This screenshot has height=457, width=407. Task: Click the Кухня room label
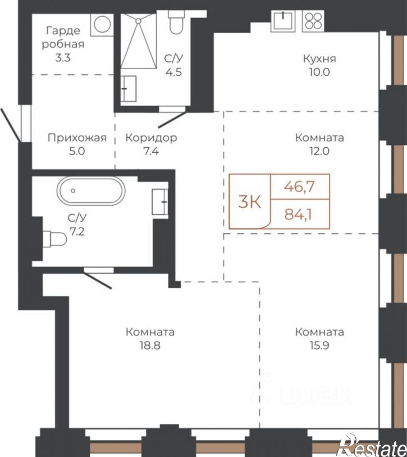319,58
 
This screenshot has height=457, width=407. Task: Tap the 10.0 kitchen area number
319,72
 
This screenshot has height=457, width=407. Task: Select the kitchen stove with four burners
314,21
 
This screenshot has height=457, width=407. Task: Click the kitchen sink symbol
283,21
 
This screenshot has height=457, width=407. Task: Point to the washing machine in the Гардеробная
102,25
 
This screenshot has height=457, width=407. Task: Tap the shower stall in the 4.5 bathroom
139,42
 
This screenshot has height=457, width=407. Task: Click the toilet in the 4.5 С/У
176,22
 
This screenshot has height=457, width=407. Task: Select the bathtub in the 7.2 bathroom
91,191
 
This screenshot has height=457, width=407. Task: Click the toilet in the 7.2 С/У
54,239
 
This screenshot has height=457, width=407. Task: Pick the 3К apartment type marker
249,202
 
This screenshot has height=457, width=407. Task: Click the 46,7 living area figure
300,187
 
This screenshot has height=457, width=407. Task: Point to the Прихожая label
77,138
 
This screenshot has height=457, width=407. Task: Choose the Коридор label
151,138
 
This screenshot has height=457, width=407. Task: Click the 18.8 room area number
150,346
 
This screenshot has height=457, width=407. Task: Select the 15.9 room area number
319,346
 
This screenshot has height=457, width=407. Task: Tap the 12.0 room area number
319,151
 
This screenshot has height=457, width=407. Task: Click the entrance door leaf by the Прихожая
11,125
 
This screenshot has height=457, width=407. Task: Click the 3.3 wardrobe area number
63,58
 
